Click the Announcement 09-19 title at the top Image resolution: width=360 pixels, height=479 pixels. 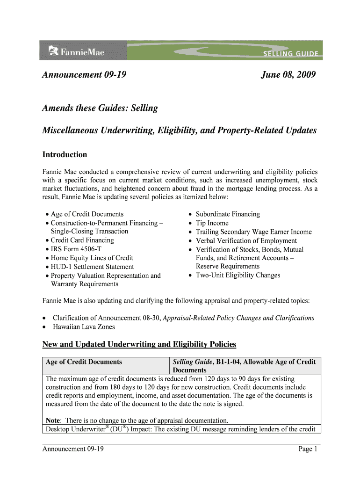pyautogui.click(x=85, y=75)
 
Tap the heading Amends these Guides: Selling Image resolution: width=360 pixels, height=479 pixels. pyautogui.click(x=100, y=108)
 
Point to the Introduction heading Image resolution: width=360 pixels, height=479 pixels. pyautogui.click(x=65, y=154)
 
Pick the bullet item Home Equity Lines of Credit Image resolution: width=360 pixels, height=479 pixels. pyautogui.click(x=92, y=258)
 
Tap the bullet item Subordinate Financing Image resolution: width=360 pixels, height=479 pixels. pyautogui.click(x=228, y=214)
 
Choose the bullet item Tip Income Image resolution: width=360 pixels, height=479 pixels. pyautogui.click(x=212, y=223)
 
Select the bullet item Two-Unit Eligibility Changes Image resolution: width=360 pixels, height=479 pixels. pyautogui.click(x=238, y=275)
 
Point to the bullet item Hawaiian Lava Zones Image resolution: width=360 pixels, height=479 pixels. pyautogui.click(x=84, y=327)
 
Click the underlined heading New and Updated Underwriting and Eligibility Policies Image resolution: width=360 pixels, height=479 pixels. pyautogui.click(x=139, y=345)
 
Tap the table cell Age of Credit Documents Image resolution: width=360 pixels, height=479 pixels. pyautogui.click(x=84, y=362)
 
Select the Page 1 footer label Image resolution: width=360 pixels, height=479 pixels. pyautogui.click(x=308, y=449)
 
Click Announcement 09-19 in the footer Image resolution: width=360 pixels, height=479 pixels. pyautogui.click(x=73, y=449)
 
